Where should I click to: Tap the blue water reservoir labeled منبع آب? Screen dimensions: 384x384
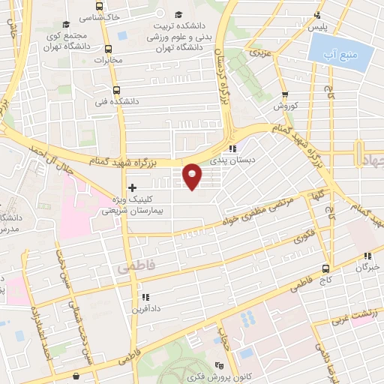pos(340,53)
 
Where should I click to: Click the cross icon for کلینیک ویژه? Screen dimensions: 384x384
pos(133,187)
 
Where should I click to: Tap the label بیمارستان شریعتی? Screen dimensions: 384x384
pos(129,211)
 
